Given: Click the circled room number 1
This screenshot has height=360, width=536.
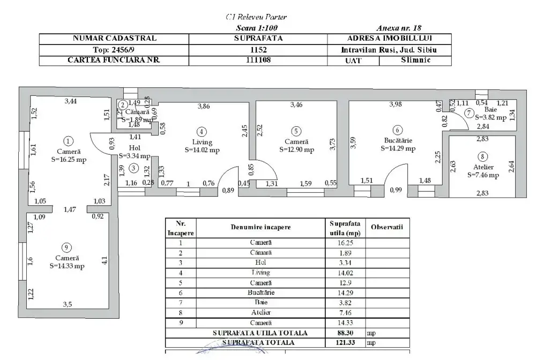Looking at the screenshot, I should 68,141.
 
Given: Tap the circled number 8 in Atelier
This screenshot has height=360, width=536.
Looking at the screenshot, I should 483,156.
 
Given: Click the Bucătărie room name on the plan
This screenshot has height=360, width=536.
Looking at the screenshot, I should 397,141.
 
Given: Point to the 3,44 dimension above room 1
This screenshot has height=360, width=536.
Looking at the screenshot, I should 70,101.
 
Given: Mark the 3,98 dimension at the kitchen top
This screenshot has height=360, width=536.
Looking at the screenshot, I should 396,104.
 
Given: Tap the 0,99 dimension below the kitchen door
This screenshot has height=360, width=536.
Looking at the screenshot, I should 396,190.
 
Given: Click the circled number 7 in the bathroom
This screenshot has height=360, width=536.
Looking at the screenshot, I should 468,113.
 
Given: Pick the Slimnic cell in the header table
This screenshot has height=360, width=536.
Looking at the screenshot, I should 415,60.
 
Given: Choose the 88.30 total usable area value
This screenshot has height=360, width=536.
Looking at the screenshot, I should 345,332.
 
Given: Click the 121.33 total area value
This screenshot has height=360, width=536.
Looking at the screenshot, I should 345,341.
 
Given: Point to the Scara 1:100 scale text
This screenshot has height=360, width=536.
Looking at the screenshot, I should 257,28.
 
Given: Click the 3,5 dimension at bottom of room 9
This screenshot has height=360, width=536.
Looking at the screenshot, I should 67,304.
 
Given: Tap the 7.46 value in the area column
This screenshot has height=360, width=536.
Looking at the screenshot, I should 345,312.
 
